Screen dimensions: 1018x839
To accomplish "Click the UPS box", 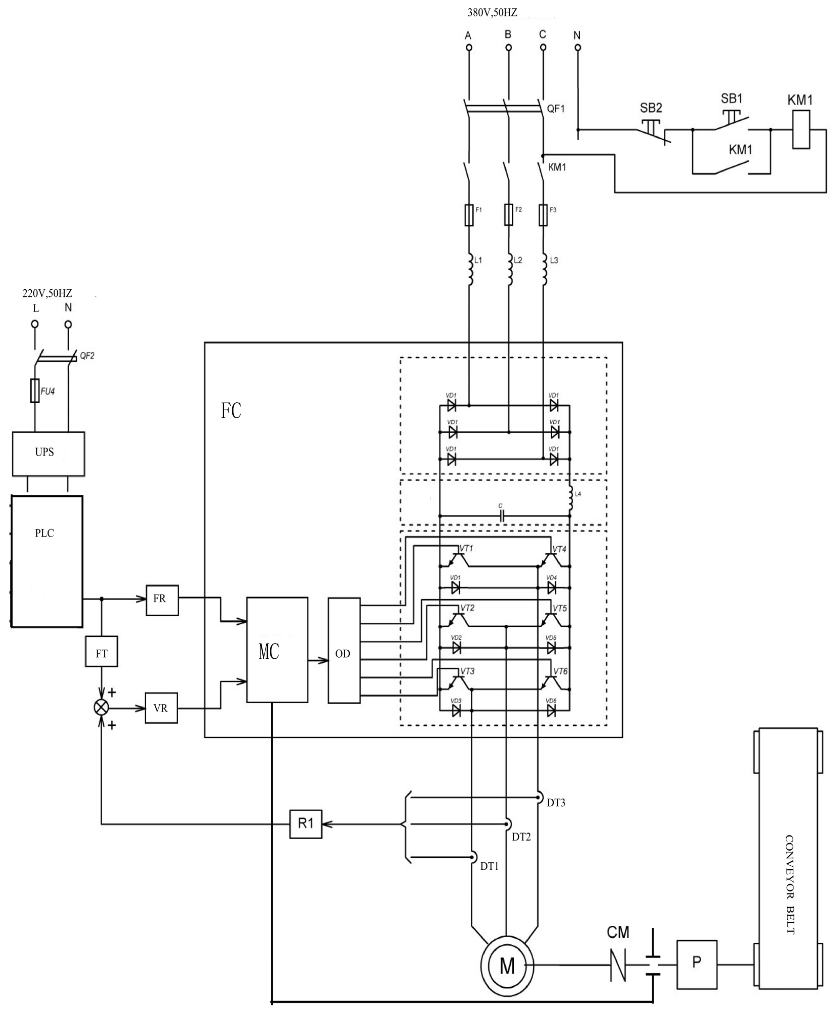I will click(x=48, y=453).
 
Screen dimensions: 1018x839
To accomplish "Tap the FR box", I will click(x=162, y=600).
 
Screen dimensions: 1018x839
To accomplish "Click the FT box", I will click(x=101, y=651).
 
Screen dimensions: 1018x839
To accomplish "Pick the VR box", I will click(x=161, y=708).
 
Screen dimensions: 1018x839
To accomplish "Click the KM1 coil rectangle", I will click(x=801, y=129).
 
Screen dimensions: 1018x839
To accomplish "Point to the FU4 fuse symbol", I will click(x=35, y=391).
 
